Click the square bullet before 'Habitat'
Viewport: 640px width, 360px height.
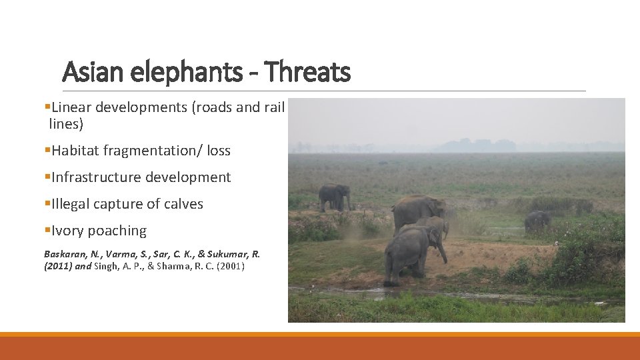click(x=47, y=151)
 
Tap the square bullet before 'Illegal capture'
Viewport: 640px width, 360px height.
click(x=47, y=204)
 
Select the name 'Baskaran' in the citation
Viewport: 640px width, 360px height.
click(x=63, y=254)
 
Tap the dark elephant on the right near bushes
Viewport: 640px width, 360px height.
click(x=537, y=220)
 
